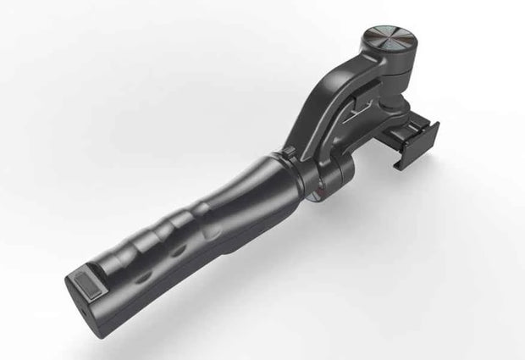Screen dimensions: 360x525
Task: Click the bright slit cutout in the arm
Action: pos(359,108)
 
